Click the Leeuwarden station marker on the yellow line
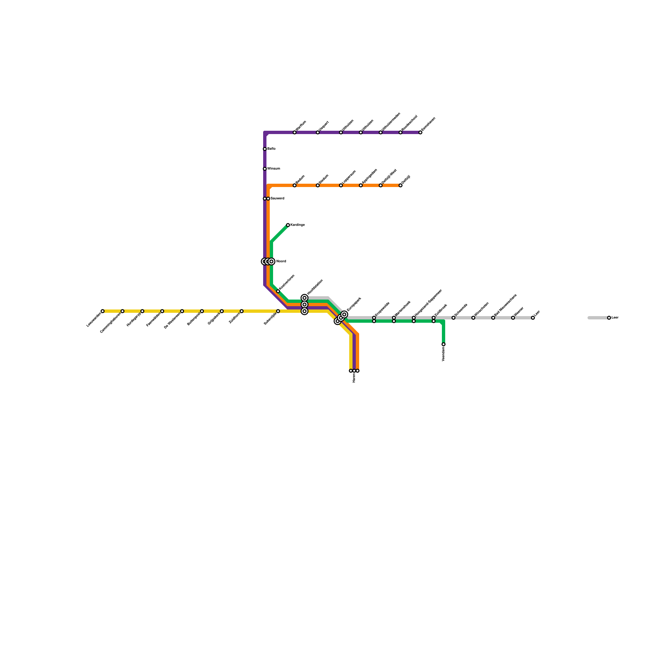pos(103,311)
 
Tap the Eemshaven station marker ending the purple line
pos(420,132)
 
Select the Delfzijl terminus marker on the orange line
pos(401,185)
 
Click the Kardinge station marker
pos(288,225)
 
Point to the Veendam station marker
pos(444,344)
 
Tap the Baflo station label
pos(271,149)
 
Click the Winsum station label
pos(273,168)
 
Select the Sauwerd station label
pos(277,199)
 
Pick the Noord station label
pos(281,261)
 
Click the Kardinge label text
pos(297,225)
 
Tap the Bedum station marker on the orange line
pos(295,185)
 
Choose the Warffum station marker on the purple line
pos(295,132)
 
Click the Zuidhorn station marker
pos(242,311)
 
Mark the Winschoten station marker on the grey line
pos(473,318)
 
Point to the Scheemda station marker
pos(453,318)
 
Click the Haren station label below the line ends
pos(354,378)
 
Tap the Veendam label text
pos(444,354)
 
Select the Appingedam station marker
pos(361,185)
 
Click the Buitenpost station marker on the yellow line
pos(202,311)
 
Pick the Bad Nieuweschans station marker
pos(493,318)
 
